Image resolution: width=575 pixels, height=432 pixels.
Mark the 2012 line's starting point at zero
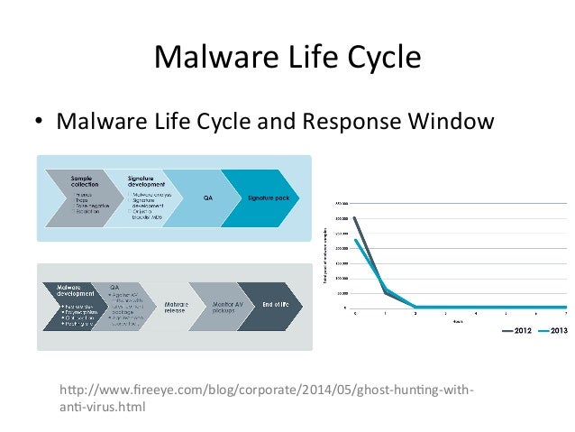click(355, 218)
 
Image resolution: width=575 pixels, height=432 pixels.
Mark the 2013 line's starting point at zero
click(355, 240)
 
